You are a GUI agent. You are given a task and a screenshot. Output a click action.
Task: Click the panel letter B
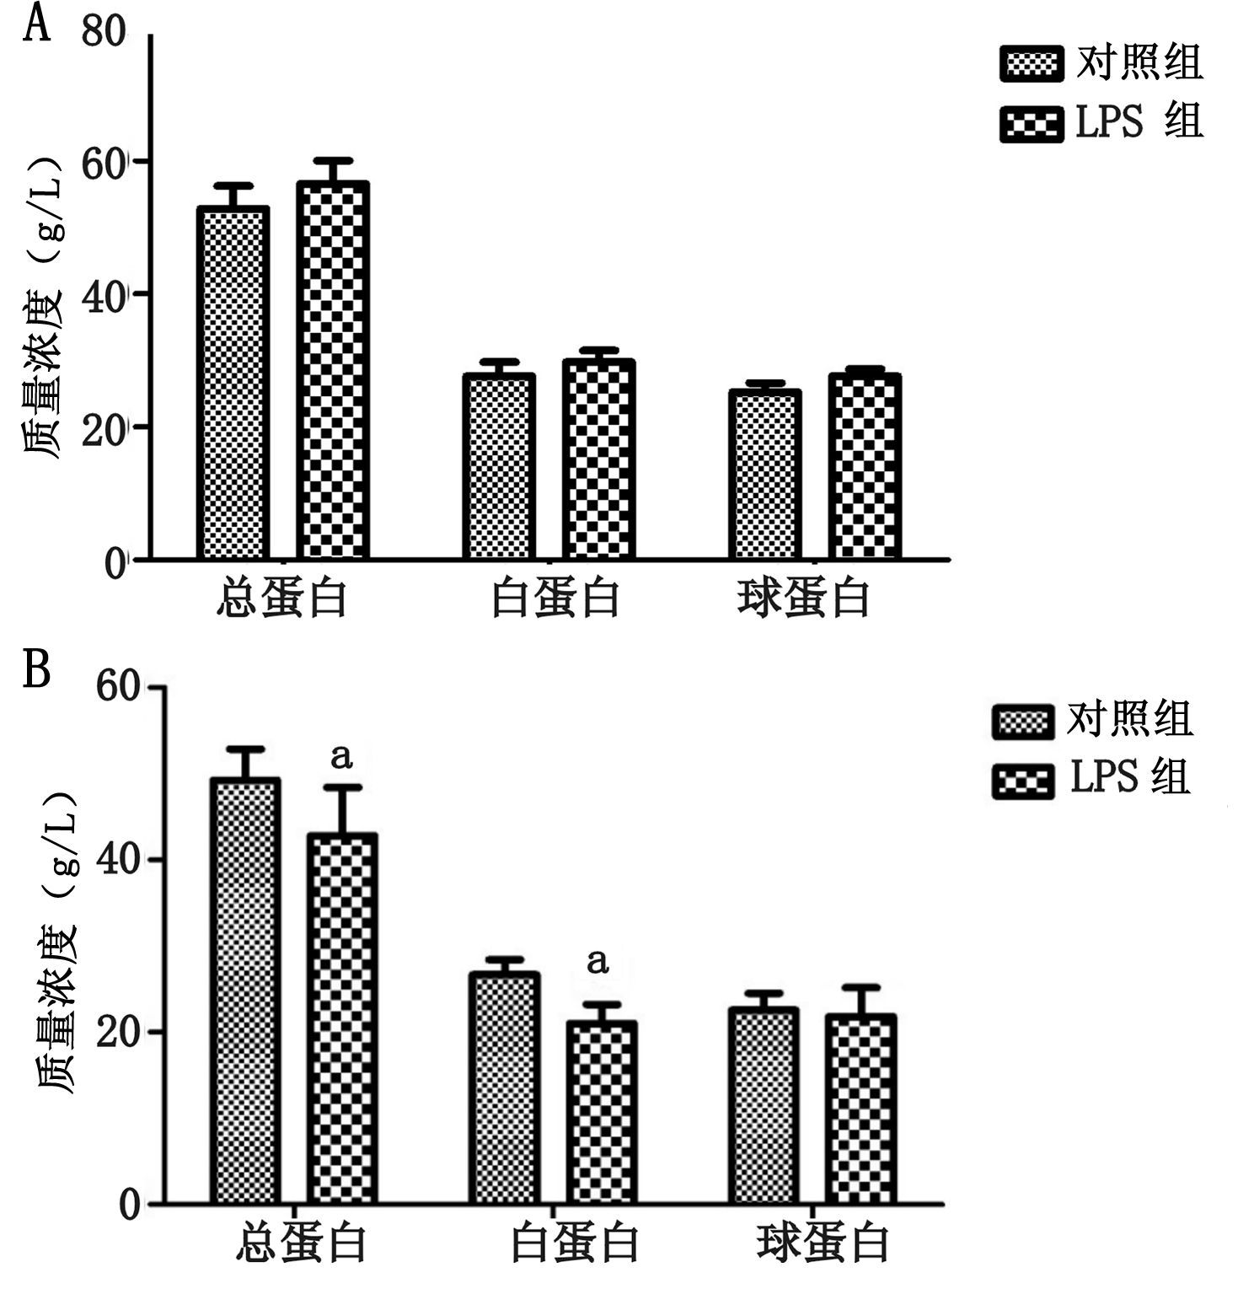click(x=36, y=670)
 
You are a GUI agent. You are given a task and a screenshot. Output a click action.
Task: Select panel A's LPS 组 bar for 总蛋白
click(x=332, y=371)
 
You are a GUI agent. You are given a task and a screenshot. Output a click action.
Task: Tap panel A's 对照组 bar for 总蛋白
click(x=233, y=384)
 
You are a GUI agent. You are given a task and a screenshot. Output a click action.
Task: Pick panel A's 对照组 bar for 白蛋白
click(x=499, y=466)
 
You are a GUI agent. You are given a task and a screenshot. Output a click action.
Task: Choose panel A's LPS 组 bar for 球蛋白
click(x=865, y=466)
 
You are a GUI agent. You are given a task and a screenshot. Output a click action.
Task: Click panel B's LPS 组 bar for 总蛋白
click(x=341, y=1018)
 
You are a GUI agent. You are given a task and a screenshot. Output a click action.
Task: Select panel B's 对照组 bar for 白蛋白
click(x=504, y=1087)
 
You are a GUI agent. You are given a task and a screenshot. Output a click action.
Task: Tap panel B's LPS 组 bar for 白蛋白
click(x=602, y=1112)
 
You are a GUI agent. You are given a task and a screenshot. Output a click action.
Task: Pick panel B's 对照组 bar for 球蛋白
click(x=764, y=1105)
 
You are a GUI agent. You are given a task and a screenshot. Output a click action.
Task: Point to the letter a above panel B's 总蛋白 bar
click(x=341, y=756)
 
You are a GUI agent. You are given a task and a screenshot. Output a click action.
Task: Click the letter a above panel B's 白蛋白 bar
click(x=598, y=961)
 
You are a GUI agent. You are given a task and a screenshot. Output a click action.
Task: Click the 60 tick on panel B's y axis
click(x=118, y=686)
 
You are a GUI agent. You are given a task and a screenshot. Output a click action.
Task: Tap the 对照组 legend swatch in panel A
click(x=1032, y=65)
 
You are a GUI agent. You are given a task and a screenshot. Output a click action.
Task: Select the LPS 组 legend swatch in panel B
click(x=1023, y=781)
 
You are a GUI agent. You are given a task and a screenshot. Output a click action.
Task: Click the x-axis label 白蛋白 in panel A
click(x=555, y=599)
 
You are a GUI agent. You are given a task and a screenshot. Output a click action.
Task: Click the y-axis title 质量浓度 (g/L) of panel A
click(x=43, y=308)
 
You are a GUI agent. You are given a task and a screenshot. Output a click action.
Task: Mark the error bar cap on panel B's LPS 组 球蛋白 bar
click(x=860, y=987)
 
